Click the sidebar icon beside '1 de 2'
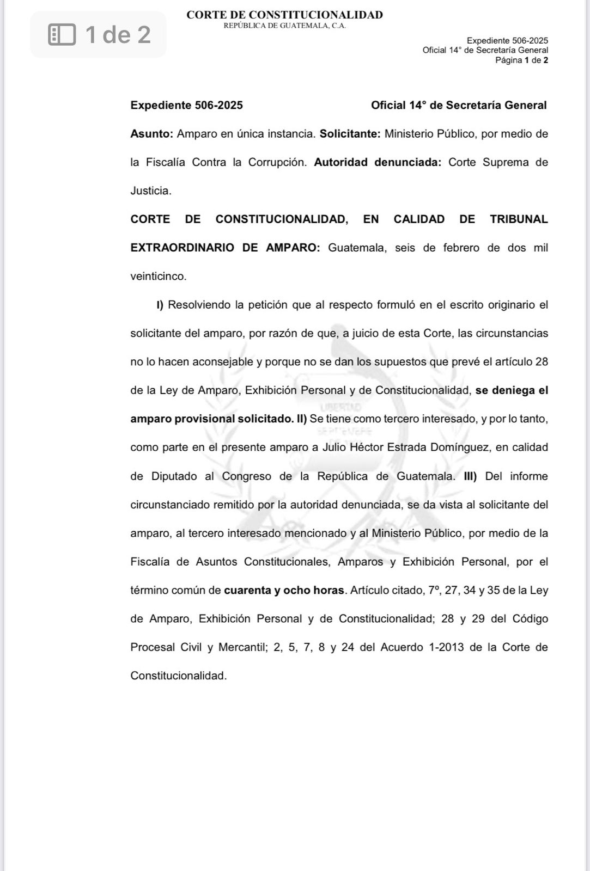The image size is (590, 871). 62,34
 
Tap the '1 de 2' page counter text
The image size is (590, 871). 118,34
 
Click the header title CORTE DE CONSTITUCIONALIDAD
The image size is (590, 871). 284,15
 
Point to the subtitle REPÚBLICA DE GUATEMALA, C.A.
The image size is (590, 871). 284,26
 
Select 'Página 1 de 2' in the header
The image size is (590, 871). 521,60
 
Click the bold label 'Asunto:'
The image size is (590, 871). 151,134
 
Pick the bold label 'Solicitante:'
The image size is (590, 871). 350,134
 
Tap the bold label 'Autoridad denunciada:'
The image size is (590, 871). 378,162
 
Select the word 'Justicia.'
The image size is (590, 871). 151,191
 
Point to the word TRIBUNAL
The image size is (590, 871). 519,219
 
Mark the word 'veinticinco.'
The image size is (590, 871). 159,277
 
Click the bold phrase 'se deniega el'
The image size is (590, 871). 512,390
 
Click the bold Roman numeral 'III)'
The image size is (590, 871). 470,476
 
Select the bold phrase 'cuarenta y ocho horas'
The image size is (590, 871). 284,590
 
